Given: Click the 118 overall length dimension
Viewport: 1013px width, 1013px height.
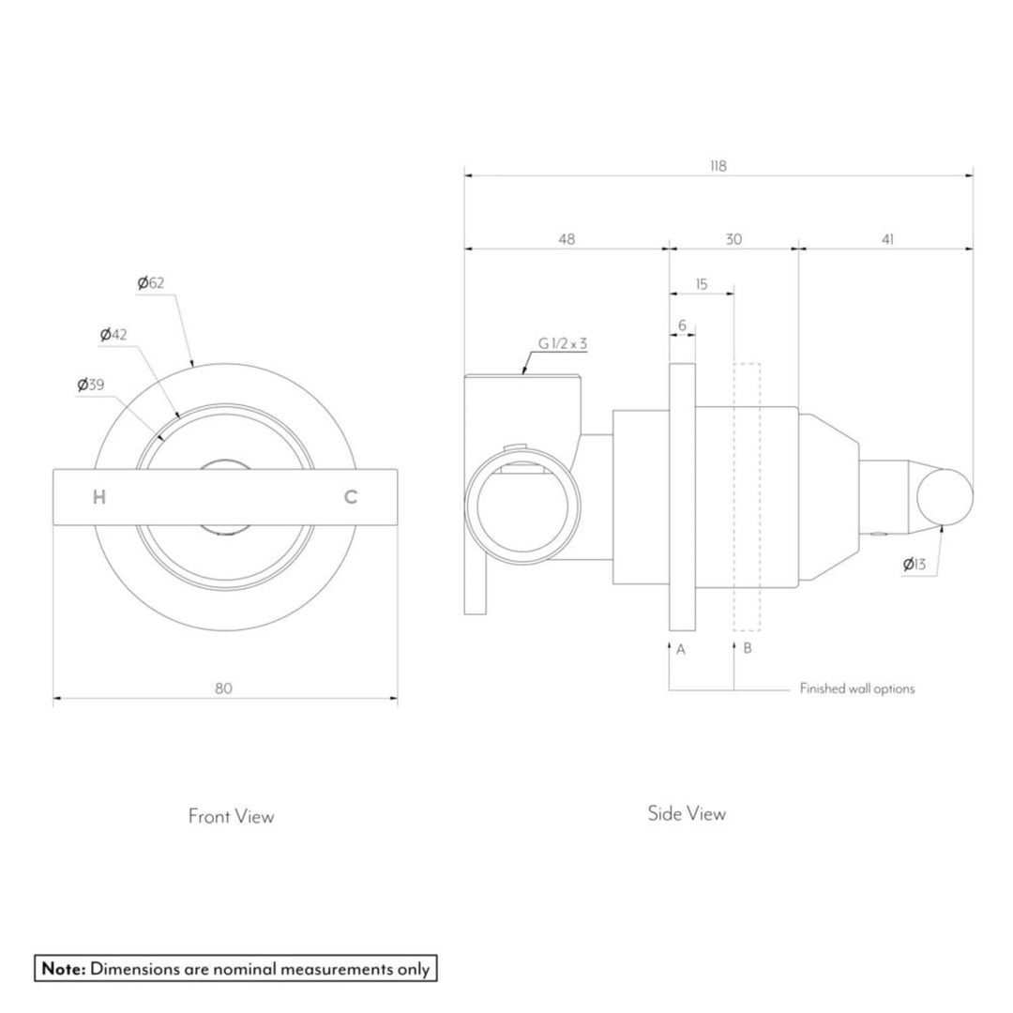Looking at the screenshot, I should point(718,166).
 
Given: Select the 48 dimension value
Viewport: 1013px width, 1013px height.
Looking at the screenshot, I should point(567,239).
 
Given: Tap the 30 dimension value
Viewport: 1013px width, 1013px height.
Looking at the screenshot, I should point(733,239).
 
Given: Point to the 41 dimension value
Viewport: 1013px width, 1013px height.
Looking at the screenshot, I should point(887,239).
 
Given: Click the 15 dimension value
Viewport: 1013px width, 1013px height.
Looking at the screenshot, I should point(702,284).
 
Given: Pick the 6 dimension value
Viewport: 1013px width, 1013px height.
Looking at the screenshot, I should point(682,325).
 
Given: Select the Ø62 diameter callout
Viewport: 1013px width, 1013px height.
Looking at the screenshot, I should point(150,282).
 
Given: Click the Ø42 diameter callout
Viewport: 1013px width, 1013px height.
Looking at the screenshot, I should point(113,334).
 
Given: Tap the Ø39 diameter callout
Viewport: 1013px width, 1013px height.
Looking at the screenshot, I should point(92,385).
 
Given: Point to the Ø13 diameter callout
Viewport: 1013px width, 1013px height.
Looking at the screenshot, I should point(914,564).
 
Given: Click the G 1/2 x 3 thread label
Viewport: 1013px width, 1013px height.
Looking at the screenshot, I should point(562,344).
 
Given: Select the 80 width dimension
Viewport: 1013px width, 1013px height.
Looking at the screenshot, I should point(223,688).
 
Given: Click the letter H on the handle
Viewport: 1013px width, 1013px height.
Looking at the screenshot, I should point(99,498).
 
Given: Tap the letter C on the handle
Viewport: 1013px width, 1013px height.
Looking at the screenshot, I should point(350,498).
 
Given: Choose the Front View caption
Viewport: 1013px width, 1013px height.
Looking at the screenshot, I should point(231,816).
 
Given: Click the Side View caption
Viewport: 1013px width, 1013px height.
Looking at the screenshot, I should point(687,813).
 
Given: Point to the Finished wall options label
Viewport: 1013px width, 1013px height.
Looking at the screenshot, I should point(856,688).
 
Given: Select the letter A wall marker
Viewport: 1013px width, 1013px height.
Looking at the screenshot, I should point(681,649).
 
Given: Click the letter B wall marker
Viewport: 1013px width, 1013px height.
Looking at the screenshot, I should point(748,649).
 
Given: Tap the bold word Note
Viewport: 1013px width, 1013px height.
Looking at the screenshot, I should point(63,969).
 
